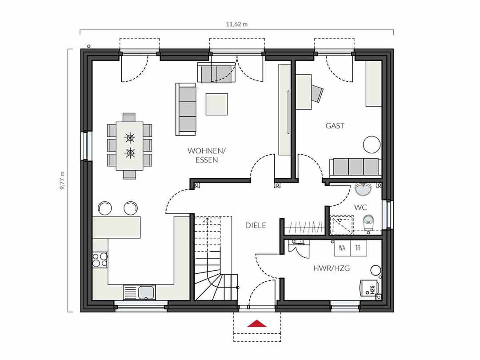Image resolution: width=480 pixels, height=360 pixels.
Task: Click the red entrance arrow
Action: coord(257,324)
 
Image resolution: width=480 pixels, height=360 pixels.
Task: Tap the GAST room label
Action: coord(335,125)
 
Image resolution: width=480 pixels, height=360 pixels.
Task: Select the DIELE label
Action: coord(256,225)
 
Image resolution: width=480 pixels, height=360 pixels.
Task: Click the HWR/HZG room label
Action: coord(331,268)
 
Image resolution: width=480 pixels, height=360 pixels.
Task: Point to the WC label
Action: coord(360,207)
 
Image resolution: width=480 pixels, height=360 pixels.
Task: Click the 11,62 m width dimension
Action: coord(236,24)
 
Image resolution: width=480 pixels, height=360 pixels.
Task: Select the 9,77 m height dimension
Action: coord(62,180)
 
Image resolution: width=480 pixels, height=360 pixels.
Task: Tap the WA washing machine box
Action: coord(342,248)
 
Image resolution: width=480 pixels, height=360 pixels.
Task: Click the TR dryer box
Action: coord(358,248)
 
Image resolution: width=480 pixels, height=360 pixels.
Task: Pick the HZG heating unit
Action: coord(369,288)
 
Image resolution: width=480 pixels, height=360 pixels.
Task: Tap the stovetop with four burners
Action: coord(100,260)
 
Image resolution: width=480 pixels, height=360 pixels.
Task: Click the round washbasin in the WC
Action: coord(363,189)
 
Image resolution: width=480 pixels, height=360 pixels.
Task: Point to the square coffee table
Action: coord(217,104)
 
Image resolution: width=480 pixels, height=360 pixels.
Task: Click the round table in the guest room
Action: coord(372,144)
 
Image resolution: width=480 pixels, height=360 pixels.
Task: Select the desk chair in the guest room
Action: coord(317,93)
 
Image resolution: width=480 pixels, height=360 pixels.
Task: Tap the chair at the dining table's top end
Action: coord(129,117)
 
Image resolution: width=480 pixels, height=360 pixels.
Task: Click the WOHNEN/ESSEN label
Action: coord(207,155)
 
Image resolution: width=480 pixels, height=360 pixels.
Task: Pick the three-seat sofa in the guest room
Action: coord(356,167)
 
